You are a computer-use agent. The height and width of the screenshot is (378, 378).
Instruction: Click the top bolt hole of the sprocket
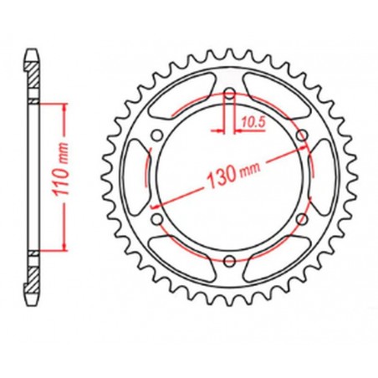pyautogui.click(x=228, y=94)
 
